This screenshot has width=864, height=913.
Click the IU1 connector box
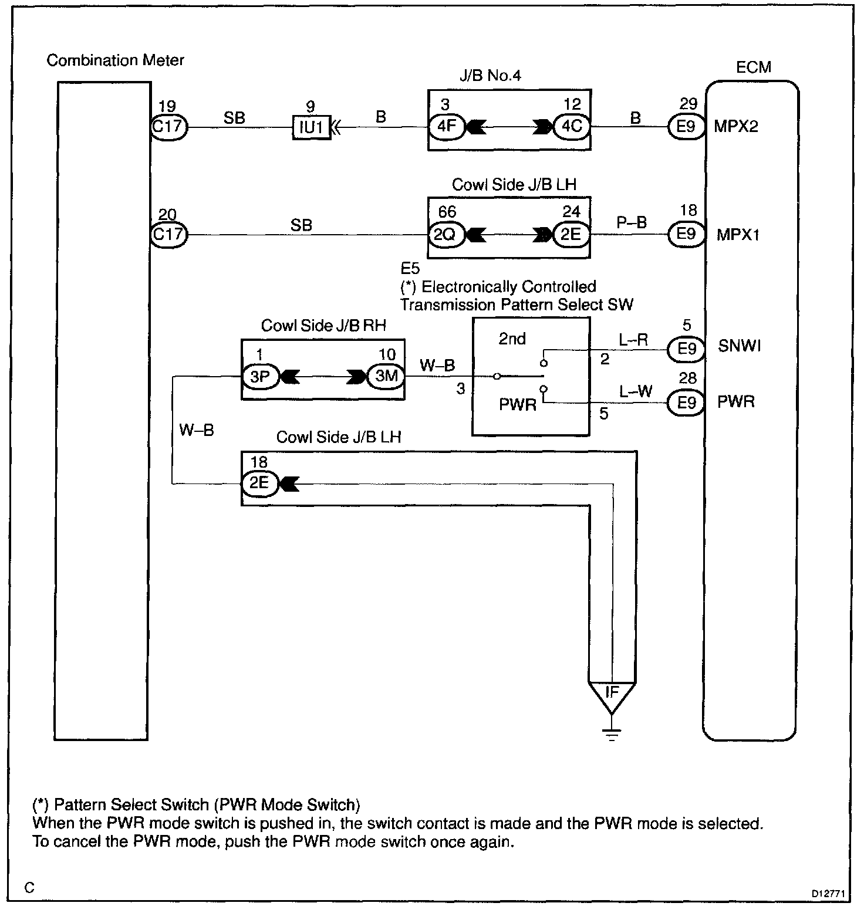pos(311,127)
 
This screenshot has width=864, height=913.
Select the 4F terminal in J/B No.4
pos(447,126)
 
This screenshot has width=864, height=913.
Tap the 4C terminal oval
pos(571,126)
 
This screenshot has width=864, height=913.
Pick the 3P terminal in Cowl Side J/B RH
pos(259,376)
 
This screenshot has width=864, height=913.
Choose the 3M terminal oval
pos(386,376)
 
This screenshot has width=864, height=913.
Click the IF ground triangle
pos(612,694)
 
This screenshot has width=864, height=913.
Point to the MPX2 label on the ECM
pos(736,127)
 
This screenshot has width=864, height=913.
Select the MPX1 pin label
pos(738,235)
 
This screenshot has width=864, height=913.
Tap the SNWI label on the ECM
pos(739,346)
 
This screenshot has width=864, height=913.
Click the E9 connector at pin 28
pos(686,403)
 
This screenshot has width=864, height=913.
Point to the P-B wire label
pos(631,222)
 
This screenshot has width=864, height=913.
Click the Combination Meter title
pos(115,60)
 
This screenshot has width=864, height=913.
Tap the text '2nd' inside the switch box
pos(512,339)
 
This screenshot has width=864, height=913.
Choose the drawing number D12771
pos(828,894)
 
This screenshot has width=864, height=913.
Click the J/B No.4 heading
pos(490,75)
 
